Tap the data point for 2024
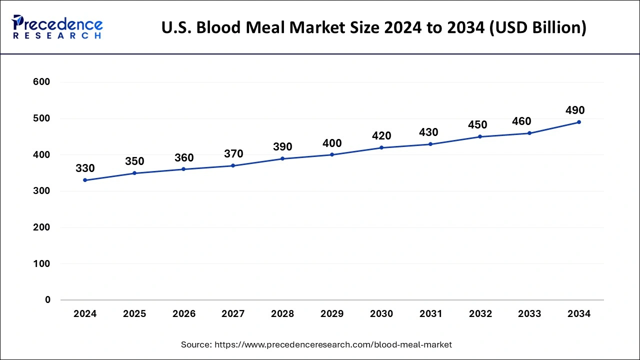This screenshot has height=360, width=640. coord(85,180)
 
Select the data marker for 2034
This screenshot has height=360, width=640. coord(579,122)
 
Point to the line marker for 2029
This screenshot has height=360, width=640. coord(332,154)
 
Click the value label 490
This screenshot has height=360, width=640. coord(575,110)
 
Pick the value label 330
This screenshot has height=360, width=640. coord(85,168)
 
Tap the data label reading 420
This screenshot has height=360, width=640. coord(381,136)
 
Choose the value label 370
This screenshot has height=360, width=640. coord(233,154)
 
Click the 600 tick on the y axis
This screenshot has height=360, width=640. coord(41,82)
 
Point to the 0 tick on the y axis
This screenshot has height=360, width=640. coord(47,300)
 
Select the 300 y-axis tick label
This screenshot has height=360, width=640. coord(41,191)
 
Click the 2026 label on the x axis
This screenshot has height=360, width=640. coord(184,314)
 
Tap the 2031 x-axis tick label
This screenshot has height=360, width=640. coord(430,314)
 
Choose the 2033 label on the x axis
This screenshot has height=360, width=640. coord(529,314)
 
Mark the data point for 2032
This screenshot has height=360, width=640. coord(480,136)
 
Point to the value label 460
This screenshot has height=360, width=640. coord(521,121)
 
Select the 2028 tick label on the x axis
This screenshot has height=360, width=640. coord(282,314)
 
